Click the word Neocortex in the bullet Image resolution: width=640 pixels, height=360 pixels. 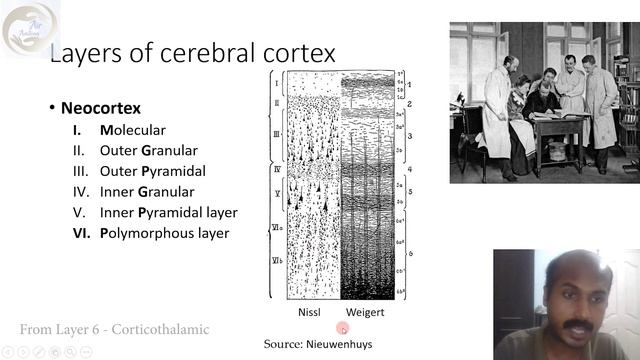100,108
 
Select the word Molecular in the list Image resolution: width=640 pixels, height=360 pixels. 132,130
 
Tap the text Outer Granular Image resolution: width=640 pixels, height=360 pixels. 148,151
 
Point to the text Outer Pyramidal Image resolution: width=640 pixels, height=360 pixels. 151,171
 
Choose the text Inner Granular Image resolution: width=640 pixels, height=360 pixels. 147,192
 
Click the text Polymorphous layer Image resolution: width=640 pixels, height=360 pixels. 164,233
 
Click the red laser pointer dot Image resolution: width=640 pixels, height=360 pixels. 343,328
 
